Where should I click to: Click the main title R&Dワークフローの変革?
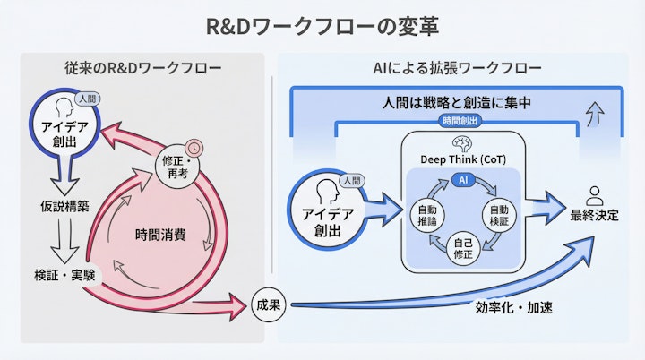coord(322,24)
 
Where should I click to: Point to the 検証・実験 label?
coord(63,271)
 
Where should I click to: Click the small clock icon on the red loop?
coord(193,147)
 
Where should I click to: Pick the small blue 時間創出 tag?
coord(459,121)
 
